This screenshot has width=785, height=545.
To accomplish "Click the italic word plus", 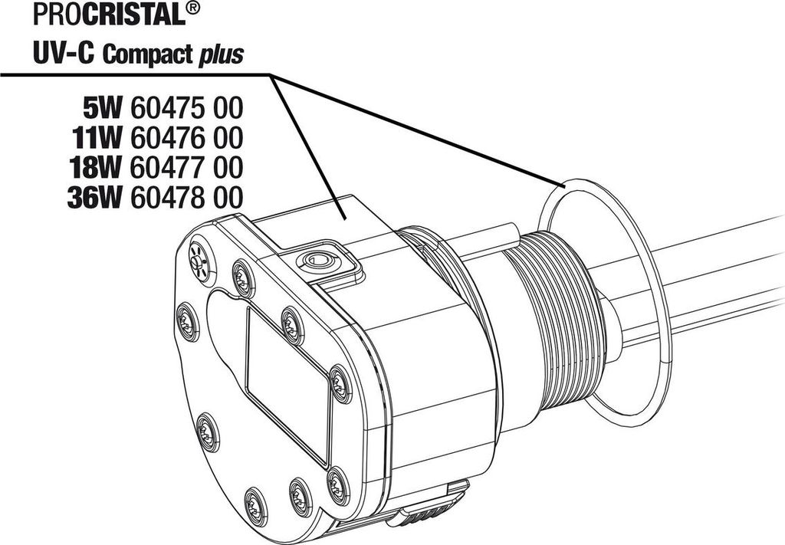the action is pos(221,55).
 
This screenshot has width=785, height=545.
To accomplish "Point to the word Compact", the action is pos(148,54).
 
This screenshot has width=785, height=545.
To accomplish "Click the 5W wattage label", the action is pos(102,108).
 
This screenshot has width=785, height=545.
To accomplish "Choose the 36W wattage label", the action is pos(94,198).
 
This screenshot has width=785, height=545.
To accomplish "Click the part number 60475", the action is pos(167,108).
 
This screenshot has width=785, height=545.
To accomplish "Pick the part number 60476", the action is pos(167,138).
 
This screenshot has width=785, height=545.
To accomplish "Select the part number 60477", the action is pos(167,168).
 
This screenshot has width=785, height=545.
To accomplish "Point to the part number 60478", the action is pos(167,198).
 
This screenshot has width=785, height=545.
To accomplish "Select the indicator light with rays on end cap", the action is pos(199,261).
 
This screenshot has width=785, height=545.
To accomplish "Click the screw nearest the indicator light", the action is pos(243,279).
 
